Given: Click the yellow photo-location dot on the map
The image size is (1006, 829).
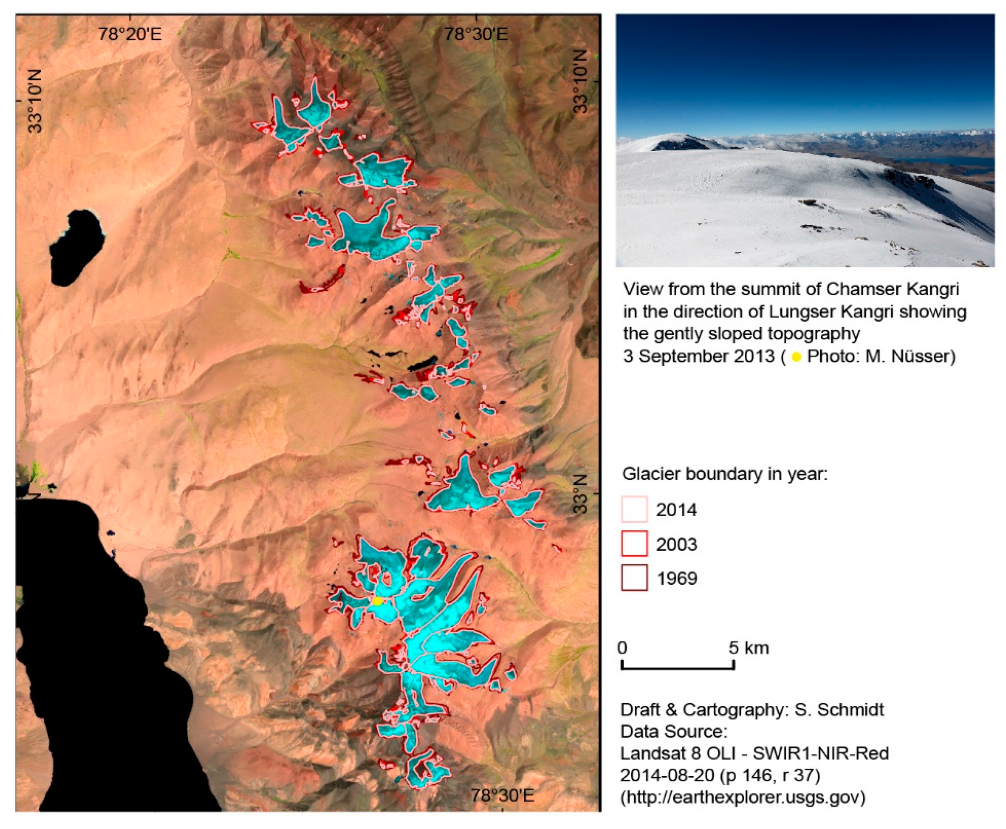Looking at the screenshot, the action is pyautogui.click(x=377, y=601).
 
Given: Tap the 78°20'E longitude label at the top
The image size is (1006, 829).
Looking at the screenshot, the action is pyautogui.click(x=130, y=34).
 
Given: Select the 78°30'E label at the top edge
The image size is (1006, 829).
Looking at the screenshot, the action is pyautogui.click(x=476, y=34).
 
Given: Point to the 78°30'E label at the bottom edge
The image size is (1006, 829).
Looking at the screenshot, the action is pyautogui.click(x=502, y=795).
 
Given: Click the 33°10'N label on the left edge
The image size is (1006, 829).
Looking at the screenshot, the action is pyautogui.click(x=34, y=100).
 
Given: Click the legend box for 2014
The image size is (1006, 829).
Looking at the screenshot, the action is pyautogui.click(x=634, y=509).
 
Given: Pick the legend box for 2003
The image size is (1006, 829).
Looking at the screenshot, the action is pyautogui.click(x=634, y=544).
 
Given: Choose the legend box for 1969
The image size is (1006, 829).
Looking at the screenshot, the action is pyautogui.click(x=634, y=578).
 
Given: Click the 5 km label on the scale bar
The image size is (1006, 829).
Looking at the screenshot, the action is pyautogui.click(x=748, y=648).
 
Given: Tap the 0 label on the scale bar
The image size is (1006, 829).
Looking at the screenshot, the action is pyautogui.click(x=622, y=648).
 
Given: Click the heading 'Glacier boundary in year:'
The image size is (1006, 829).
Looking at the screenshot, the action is pyautogui.click(x=724, y=474).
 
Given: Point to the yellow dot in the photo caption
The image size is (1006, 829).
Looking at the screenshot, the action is pyautogui.click(x=796, y=357).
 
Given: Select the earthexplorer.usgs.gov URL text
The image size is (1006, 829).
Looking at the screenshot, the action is pyautogui.click(x=742, y=797).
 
